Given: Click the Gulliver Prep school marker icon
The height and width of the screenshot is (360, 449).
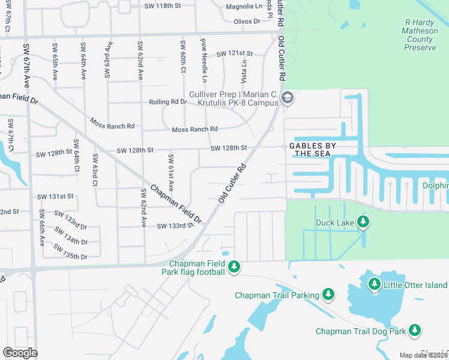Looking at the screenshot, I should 288,98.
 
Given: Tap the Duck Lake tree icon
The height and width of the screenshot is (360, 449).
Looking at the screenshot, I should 363,223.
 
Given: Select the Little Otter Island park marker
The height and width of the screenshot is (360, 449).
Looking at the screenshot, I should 375,284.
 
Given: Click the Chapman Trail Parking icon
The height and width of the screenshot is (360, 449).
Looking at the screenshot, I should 328,294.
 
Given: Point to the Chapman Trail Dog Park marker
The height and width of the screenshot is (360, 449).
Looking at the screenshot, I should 414,330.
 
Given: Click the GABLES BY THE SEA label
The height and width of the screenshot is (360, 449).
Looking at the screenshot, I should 312,149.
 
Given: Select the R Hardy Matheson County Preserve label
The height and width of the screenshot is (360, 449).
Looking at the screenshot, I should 420,35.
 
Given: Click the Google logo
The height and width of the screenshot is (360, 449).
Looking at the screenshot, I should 20,352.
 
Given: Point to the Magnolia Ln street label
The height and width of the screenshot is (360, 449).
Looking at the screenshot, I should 244,7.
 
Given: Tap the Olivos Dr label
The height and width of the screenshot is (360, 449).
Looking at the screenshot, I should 247,21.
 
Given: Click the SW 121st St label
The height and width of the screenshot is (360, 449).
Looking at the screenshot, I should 235,53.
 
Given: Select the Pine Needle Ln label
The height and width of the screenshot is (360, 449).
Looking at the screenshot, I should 204,60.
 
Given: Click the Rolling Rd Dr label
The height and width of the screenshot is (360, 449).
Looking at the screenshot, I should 167,101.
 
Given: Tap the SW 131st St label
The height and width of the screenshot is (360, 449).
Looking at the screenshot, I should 55,196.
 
